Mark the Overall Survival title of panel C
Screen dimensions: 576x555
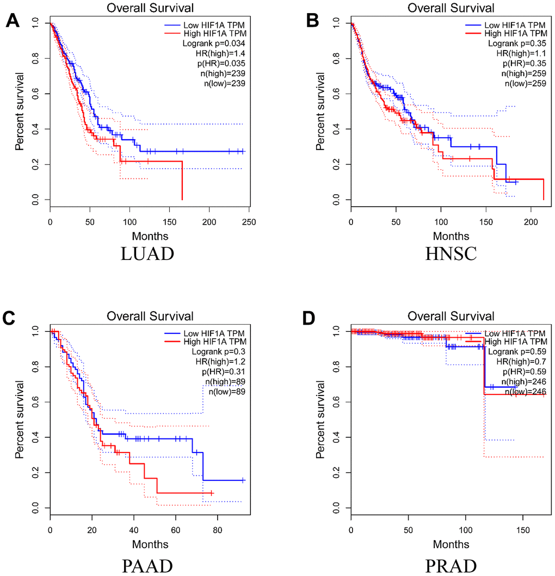pos(150,316)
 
